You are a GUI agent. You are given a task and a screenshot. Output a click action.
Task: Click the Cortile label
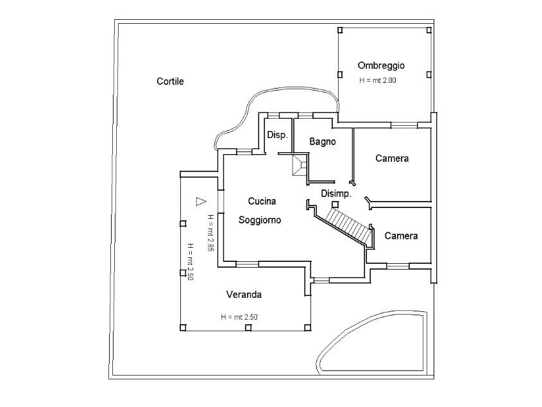(x=170, y=82)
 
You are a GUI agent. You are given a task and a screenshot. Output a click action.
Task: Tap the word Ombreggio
(x=381, y=65)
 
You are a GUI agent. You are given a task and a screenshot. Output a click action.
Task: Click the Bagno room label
(x=322, y=142)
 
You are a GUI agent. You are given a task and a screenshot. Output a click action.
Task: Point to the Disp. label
(x=277, y=135)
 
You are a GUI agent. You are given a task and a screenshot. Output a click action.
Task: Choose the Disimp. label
(x=335, y=193)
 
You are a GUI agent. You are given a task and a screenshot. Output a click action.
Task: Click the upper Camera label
(x=392, y=158)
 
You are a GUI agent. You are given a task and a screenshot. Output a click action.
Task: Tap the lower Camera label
(x=401, y=236)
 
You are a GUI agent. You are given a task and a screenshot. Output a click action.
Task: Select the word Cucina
(x=262, y=201)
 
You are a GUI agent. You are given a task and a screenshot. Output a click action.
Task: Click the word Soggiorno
(x=260, y=220)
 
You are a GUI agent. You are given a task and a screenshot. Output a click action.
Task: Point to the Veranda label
(x=244, y=295)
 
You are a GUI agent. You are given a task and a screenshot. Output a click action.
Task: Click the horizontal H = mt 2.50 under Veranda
(x=239, y=316)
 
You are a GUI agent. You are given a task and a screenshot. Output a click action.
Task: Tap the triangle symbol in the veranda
(x=200, y=201)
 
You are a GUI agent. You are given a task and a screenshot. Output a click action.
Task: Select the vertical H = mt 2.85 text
(x=210, y=233)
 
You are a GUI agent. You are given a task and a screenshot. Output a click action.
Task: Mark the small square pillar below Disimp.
(x=335, y=203)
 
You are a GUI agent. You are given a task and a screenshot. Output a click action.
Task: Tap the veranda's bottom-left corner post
(x=183, y=328)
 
